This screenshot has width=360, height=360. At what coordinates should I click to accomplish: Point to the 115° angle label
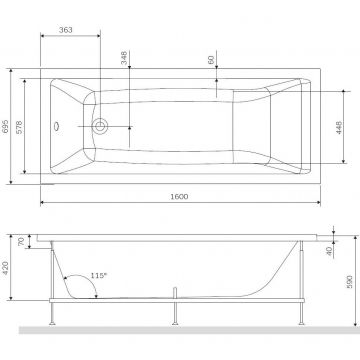point(98,276)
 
